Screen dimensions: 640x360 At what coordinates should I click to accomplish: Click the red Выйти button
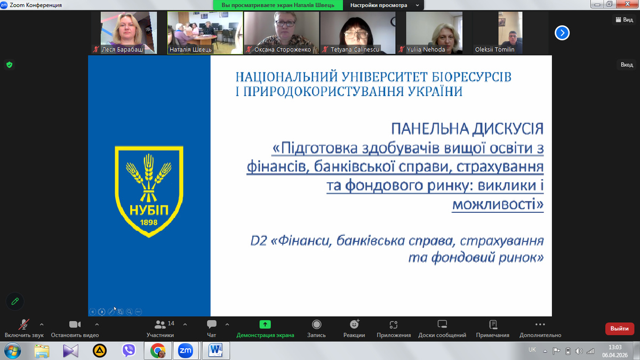(619, 329)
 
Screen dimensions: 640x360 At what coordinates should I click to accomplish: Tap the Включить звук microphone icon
(23, 325)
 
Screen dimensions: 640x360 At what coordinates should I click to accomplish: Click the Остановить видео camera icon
(75, 325)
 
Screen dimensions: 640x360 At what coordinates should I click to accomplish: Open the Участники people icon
(159, 325)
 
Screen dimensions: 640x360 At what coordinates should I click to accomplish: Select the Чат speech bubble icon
(211, 324)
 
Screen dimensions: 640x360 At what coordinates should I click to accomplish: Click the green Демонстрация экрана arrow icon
(265, 324)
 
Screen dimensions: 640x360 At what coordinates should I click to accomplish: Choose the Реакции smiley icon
(354, 324)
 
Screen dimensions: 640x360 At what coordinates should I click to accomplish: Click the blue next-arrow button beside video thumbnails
(562, 33)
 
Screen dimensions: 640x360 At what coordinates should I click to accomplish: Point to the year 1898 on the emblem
(149, 222)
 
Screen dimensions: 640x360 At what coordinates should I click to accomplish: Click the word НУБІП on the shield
(149, 210)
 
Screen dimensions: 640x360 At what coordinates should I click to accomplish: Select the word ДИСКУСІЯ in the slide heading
(507, 129)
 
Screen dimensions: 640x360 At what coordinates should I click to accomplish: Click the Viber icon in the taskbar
(129, 350)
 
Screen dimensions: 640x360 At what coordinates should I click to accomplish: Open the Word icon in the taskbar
(215, 350)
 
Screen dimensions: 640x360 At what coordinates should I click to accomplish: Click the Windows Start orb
(12, 351)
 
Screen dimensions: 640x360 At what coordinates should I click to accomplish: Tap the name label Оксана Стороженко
(282, 50)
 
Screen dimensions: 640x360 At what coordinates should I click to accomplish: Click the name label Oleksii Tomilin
(494, 50)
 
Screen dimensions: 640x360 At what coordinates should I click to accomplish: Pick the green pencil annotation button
(15, 301)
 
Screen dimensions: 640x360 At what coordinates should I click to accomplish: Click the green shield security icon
(10, 65)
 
